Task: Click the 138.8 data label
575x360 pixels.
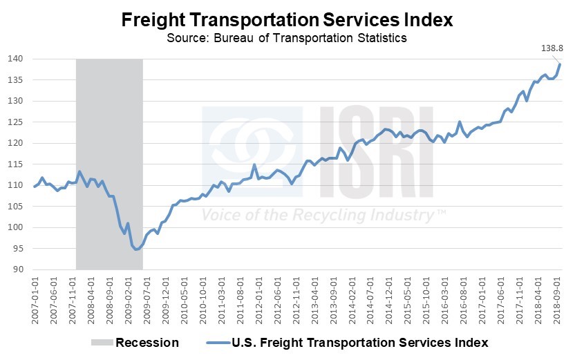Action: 551,47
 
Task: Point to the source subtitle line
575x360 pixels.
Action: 287,37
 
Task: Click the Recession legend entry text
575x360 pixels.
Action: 147,343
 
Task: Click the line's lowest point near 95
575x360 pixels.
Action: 136,249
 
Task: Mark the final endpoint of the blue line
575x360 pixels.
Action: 560,64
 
